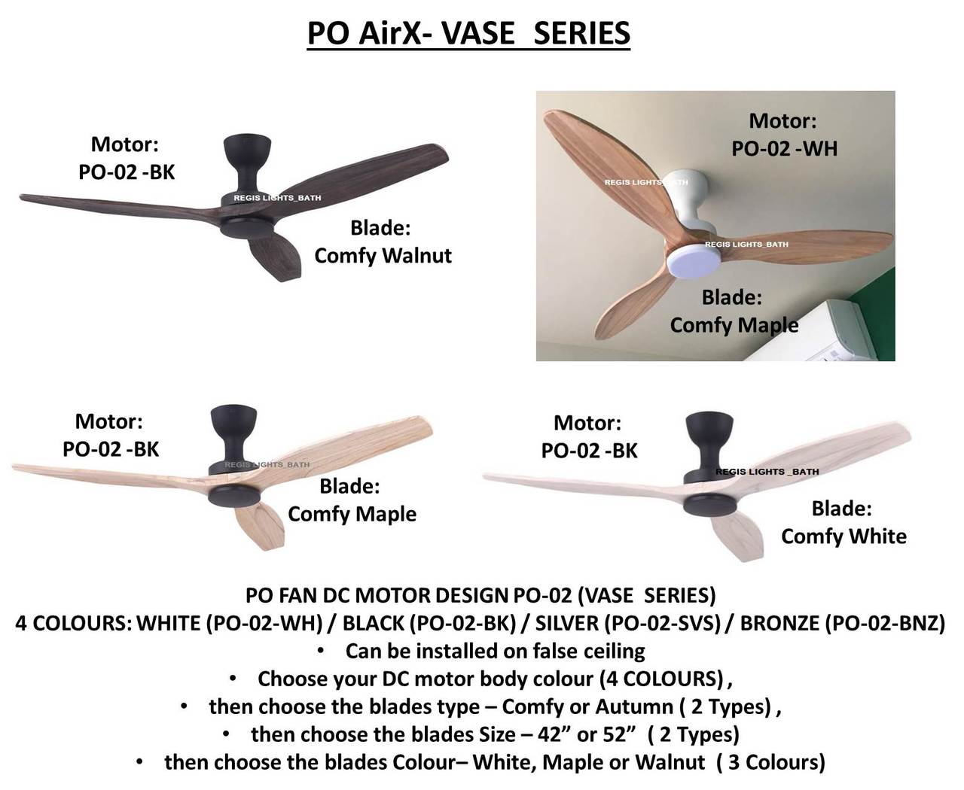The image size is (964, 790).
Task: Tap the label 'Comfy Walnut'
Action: click(383, 256)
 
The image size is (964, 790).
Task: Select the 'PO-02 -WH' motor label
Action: click(784, 149)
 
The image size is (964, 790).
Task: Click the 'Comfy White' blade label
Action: click(843, 536)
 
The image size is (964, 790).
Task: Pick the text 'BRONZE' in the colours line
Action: click(779, 623)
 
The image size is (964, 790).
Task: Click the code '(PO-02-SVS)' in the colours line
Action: click(662, 624)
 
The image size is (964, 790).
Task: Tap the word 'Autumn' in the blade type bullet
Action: click(633, 707)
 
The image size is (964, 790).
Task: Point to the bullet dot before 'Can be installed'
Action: click(321, 651)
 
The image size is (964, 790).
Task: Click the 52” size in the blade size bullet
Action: click(618, 734)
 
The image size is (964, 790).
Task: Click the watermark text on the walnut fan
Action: click(277, 198)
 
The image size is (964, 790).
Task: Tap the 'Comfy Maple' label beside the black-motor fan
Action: click(352, 514)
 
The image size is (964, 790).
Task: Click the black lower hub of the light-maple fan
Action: click(234, 496)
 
